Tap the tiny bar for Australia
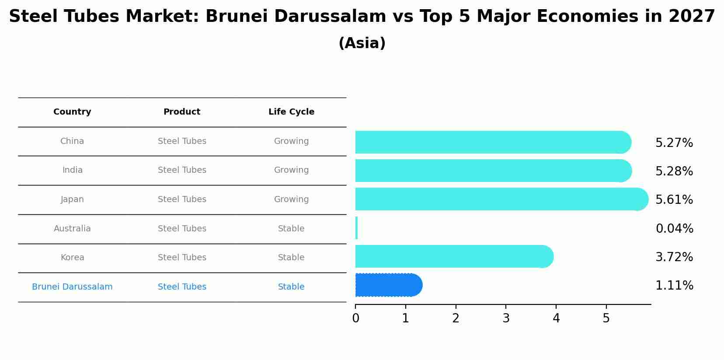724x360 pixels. (357, 228)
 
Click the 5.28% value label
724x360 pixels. (674, 171)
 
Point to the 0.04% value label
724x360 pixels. (674, 228)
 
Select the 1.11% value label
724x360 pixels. (674, 286)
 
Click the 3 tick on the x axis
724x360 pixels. (506, 318)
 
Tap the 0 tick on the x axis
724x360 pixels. (355, 318)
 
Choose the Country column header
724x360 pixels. (72, 112)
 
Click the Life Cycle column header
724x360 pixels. (291, 112)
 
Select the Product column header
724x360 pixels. (182, 112)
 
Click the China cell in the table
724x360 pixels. (72, 141)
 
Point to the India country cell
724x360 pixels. (72, 170)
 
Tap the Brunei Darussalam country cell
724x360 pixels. (72, 287)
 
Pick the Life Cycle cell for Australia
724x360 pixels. (291, 229)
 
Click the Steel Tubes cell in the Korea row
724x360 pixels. (182, 258)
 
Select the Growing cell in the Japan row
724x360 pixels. (291, 199)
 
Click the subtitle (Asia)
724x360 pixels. (362, 43)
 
